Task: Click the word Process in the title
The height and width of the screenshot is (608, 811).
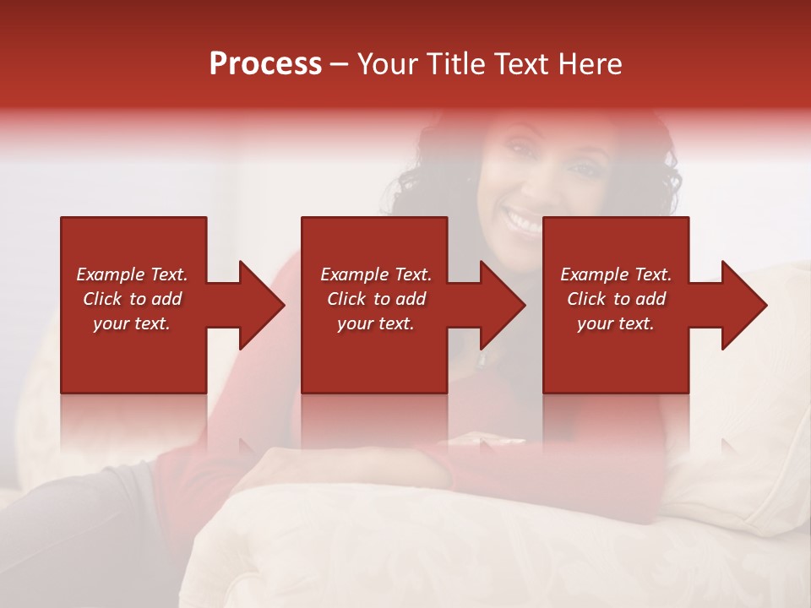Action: pyautogui.click(x=265, y=64)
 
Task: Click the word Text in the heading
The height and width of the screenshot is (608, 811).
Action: pyautogui.click(x=519, y=64)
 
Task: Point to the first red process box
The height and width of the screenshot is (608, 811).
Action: pyautogui.click(x=133, y=355)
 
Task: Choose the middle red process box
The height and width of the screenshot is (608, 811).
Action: pyautogui.click(x=374, y=355)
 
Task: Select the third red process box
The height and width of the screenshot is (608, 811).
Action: pyautogui.click(x=615, y=355)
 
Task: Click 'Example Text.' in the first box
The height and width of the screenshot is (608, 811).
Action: pyautogui.click(x=132, y=274)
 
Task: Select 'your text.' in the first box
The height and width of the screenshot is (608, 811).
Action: pyautogui.click(x=132, y=323)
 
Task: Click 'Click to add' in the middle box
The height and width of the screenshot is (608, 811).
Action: pyautogui.click(x=376, y=299)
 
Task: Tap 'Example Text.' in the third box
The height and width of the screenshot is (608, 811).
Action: pyautogui.click(x=616, y=274)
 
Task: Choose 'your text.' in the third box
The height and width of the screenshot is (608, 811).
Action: pyautogui.click(x=616, y=323)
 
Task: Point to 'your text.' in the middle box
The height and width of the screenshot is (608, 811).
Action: pyautogui.click(x=376, y=323)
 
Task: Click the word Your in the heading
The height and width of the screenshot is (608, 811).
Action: pyautogui.click(x=384, y=64)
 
